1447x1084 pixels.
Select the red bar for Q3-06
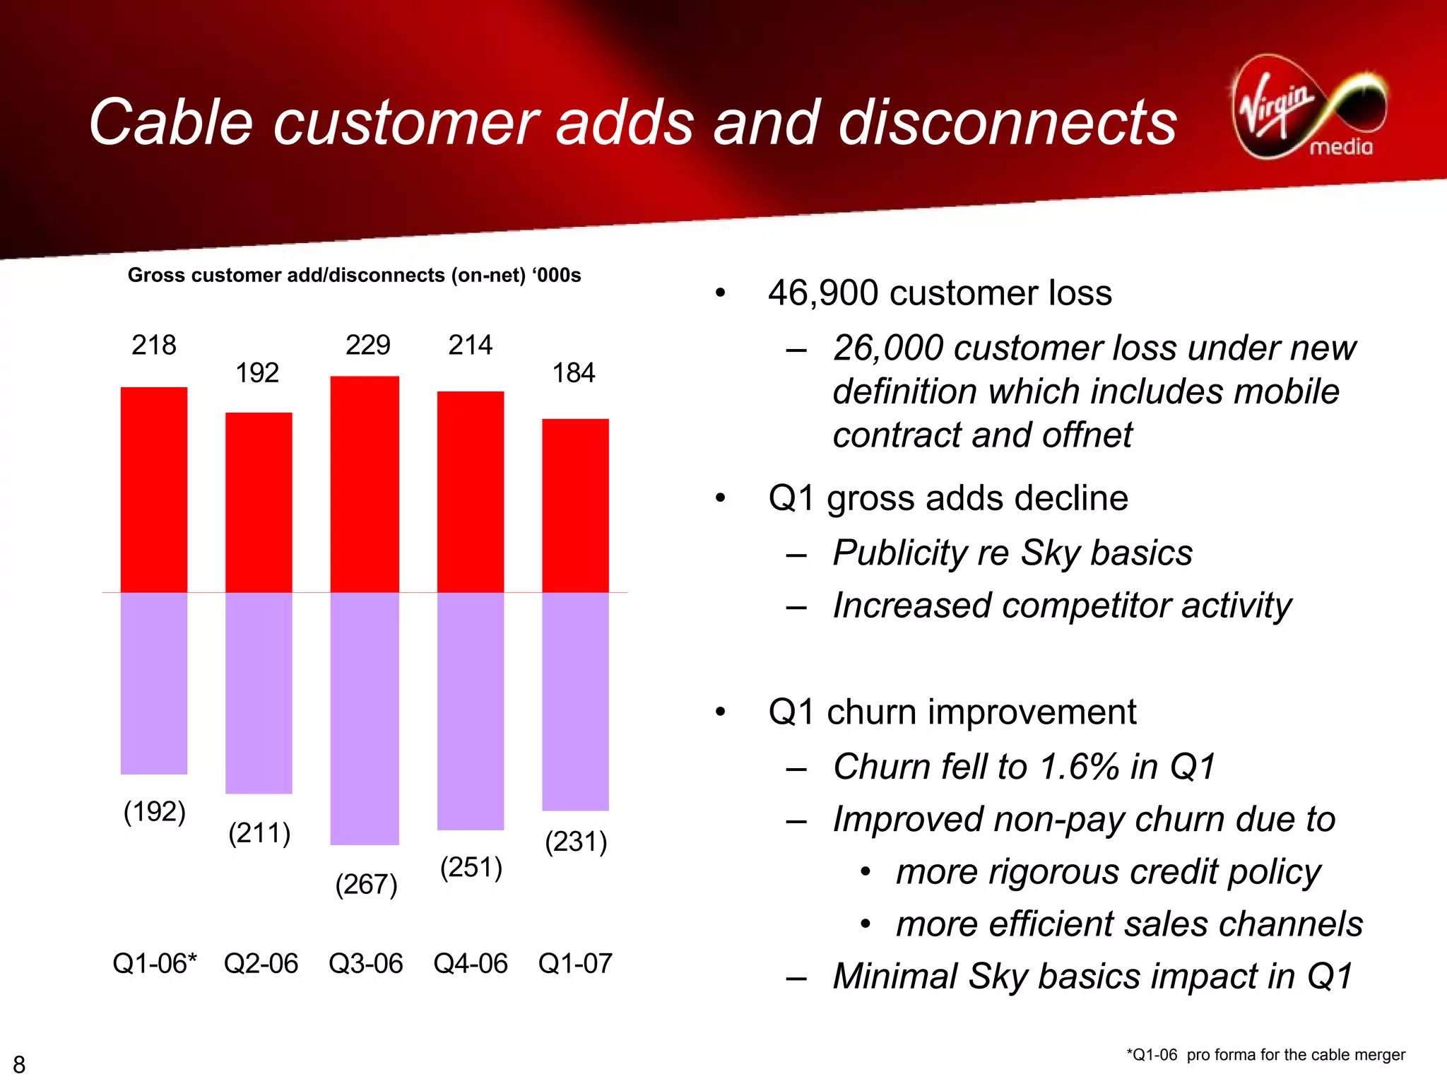(x=365, y=484)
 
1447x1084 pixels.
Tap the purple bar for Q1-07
(x=575, y=701)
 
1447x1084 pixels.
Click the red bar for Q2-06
(x=259, y=502)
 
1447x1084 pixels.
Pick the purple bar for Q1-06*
(x=154, y=683)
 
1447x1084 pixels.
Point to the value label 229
(x=367, y=346)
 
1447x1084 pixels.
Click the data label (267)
(x=366, y=885)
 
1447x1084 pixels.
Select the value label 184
(x=573, y=373)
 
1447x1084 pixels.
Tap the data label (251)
(x=471, y=868)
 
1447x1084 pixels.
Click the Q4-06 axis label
(x=470, y=964)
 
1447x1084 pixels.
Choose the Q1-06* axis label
(x=154, y=964)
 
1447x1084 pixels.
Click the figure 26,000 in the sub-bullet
(x=887, y=348)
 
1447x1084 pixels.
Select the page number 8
(x=19, y=1064)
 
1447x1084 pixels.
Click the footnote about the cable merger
(x=1265, y=1055)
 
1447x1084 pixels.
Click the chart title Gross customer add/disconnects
(x=353, y=276)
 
